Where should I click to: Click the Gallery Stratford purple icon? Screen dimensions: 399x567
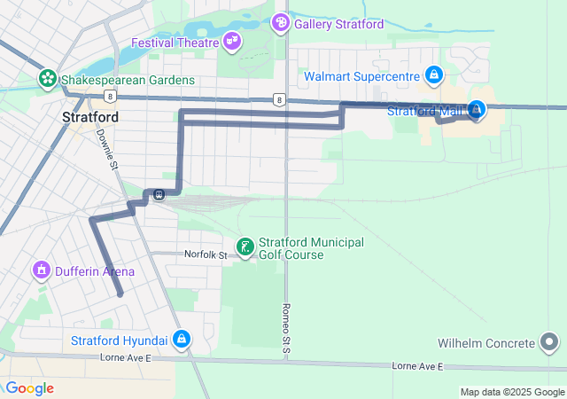[281, 22]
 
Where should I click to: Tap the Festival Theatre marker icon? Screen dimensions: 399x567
[232, 41]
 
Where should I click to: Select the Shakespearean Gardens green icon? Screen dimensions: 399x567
[47, 80]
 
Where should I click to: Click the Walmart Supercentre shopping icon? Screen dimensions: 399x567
[432, 75]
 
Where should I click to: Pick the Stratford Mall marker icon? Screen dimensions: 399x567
[477, 109]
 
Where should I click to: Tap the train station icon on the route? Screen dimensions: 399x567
[158, 195]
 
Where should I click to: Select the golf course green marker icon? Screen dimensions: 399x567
[245, 246]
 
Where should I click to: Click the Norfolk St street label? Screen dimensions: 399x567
[206, 254]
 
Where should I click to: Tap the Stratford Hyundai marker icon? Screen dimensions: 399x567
[181, 339]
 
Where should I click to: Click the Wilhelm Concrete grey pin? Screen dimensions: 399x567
[549, 342]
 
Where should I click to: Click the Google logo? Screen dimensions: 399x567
[28, 388]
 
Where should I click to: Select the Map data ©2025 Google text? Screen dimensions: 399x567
[511, 392]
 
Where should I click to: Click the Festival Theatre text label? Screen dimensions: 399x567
[175, 42]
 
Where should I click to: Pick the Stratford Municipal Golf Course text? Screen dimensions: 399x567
[311, 248]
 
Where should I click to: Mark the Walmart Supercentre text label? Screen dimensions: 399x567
[361, 76]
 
